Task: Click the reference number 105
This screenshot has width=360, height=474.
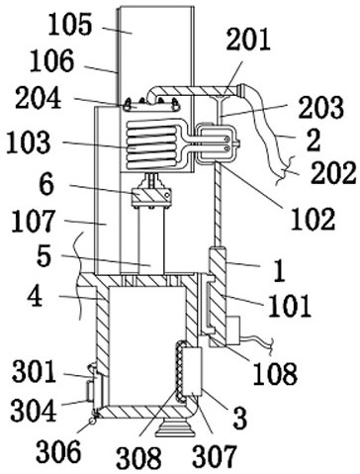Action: click(70, 26)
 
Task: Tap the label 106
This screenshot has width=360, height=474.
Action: click(51, 61)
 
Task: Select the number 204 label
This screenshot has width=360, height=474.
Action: click(38, 98)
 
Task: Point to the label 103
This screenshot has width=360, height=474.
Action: click(29, 142)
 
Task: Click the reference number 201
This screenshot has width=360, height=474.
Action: click(248, 39)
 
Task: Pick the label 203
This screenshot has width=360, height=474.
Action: click(321, 107)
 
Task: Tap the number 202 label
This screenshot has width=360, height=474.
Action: click(333, 173)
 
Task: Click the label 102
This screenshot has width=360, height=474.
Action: click(313, 219)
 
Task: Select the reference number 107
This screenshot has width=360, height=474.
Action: click(33, 222)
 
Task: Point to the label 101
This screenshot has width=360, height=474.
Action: click(290, 306)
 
